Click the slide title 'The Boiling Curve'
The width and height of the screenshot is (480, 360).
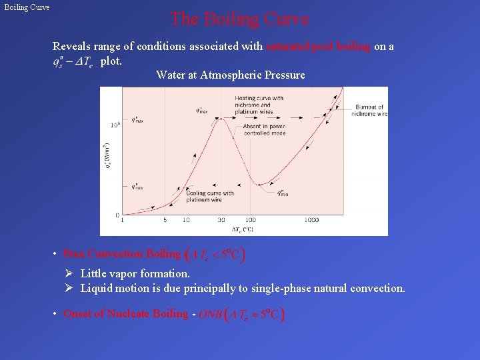(239, 19)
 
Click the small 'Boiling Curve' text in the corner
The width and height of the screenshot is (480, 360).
(27, 8)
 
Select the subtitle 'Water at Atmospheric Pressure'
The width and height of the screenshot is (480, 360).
(230, 75)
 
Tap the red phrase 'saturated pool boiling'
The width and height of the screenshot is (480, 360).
(319, 47)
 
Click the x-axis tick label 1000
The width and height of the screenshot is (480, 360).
(311, 220)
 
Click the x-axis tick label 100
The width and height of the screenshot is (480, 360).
(250, 220)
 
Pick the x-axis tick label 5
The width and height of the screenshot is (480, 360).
(165, 220)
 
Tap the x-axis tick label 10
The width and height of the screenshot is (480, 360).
(186, 220)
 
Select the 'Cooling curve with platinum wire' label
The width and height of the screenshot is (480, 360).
(209, 196)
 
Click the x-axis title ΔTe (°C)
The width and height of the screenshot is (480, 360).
(242, 229)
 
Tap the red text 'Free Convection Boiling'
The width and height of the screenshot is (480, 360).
(122, 254)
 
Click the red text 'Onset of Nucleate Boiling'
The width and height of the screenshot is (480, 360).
(125, 314)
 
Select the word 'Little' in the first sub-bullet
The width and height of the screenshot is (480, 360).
(92, 273)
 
